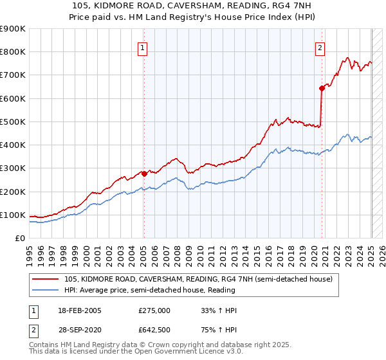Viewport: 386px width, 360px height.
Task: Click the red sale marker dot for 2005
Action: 144,173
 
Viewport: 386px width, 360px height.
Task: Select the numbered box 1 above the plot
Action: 142,47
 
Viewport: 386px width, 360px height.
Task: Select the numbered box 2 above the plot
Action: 320,47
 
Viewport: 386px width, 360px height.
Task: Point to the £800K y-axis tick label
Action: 13,52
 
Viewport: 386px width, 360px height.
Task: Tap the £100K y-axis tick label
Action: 13,215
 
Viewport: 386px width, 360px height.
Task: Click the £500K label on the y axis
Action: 13,122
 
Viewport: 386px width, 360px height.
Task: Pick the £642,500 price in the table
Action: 154,330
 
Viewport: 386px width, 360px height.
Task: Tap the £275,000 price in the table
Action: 154,310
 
